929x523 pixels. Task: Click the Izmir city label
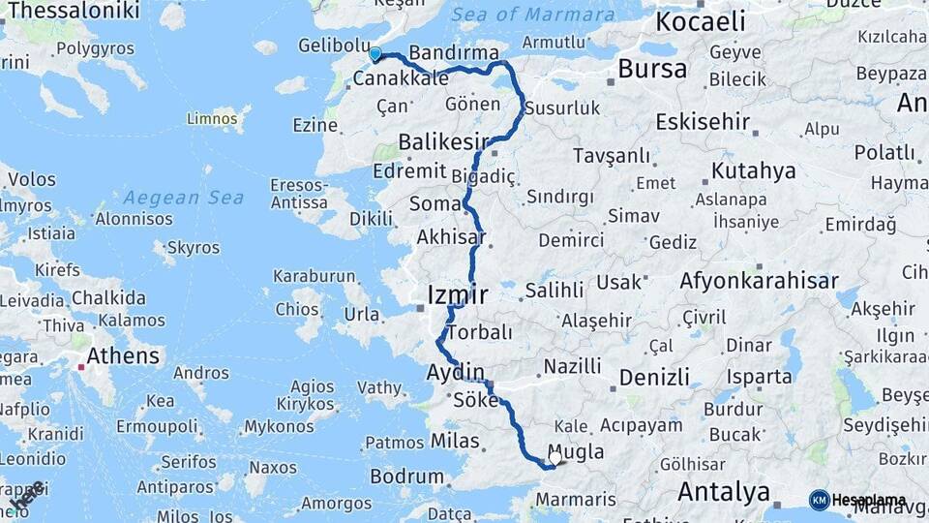coord(458,293)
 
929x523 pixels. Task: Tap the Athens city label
coord(123,356)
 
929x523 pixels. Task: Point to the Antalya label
coord(724,492)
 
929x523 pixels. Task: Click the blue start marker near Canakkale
coord(375,54)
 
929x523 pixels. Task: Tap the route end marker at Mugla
coord(554,460)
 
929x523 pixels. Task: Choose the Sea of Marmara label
coord(532,15)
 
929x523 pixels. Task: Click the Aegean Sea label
coord(183,198)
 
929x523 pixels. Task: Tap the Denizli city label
coord(654,376)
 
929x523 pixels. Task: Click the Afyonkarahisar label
coord(759,281)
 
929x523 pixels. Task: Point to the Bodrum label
coord(406,477)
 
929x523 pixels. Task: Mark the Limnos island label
coord(213,118)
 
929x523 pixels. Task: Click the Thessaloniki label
coord(72,12)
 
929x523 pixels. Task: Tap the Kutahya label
coord(754,171)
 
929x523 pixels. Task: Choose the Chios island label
coord(297,309)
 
